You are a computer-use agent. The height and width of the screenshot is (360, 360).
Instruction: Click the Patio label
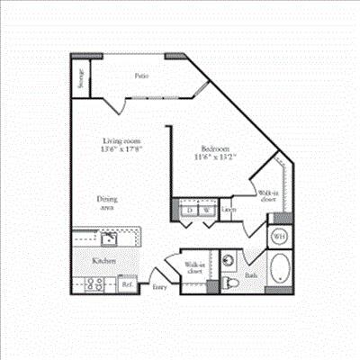tap(141, 76)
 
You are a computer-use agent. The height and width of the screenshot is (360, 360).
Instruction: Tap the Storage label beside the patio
tap(81, 77)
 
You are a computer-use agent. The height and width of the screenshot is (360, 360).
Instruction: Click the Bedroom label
tap(212, 148)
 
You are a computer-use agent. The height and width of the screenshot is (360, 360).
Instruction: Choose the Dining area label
tap(109, 202)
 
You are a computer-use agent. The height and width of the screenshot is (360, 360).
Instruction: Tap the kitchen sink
tap(108, 238)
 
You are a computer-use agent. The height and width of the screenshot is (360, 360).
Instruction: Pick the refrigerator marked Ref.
tap(126, 284)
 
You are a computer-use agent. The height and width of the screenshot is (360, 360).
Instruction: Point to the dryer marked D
tap(190, 211)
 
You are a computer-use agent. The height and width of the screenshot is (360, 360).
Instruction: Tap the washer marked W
tap(206, 211)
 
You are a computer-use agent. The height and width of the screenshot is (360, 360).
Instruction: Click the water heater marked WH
tap(279, 236)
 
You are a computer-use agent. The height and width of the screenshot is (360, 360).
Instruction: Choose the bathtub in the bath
tap(279, 269)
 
